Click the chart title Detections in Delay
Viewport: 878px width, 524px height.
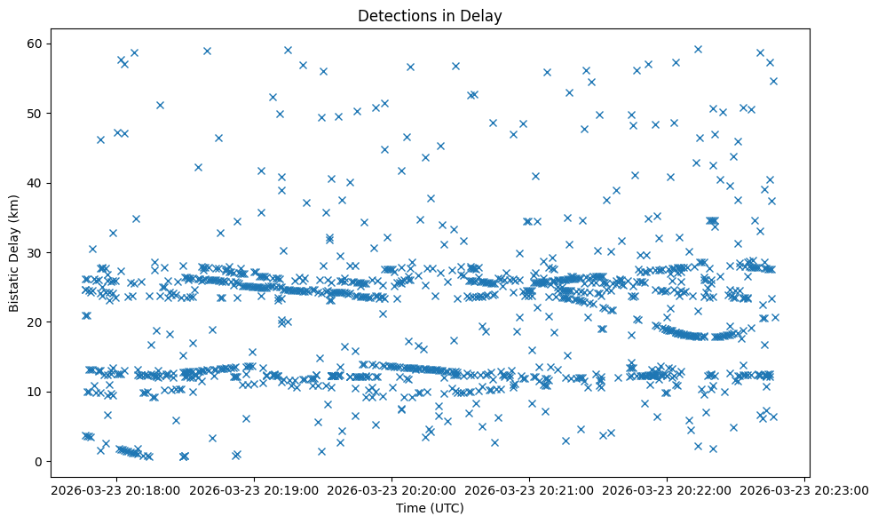coord(430,15)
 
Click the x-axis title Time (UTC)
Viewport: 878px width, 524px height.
coord(430,508)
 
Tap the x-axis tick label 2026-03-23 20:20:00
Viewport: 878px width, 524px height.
coord(392,489)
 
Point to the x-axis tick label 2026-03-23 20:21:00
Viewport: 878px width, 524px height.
coord(530,489)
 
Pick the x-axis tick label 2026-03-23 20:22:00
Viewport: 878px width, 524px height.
coord(668,489)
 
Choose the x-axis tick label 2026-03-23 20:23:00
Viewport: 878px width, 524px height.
coord(806,489)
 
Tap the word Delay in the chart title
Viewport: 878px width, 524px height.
coord(484,15)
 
